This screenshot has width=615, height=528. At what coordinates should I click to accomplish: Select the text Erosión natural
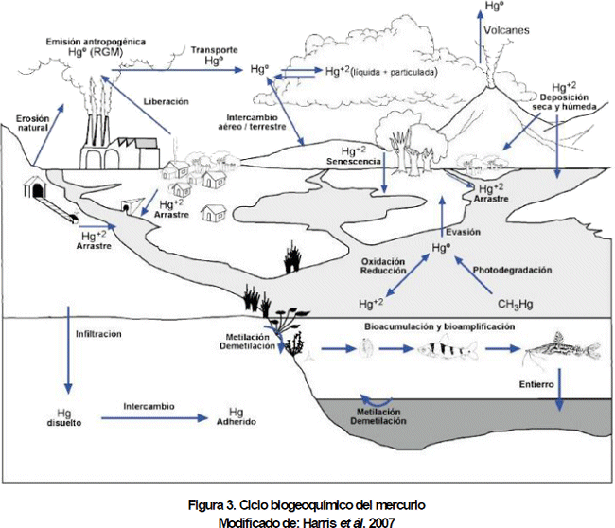point(31,123)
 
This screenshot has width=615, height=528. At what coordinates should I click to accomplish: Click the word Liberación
point(166,101)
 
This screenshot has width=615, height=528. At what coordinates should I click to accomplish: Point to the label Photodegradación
point(512,270)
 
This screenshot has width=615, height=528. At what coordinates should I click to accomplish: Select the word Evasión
point(463,232)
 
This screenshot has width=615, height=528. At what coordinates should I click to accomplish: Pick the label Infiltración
point(97,334)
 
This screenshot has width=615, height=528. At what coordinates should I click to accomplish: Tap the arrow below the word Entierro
point(560,390)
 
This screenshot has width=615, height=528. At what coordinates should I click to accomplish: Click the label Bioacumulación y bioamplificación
point(439,326)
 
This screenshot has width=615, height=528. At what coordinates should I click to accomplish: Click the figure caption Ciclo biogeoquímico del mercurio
point(307,505)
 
